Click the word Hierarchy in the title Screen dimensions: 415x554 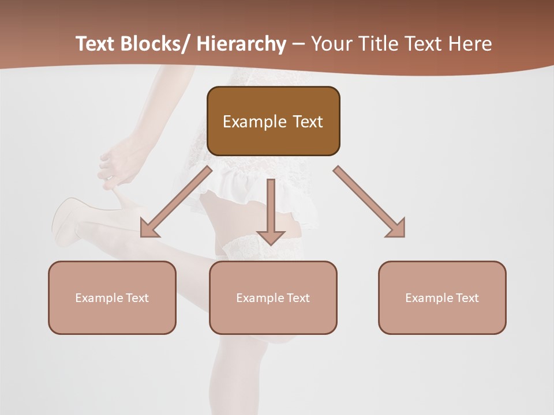(241, 44)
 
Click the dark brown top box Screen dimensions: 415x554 (273, 121)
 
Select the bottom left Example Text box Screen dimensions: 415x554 (112, 297)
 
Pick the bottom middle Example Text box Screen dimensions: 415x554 (273, 297)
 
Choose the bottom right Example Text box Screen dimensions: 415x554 (442, 297)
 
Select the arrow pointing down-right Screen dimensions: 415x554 (369, 202)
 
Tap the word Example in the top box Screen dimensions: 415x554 (254, 122)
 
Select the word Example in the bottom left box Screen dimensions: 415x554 (99, 298)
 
